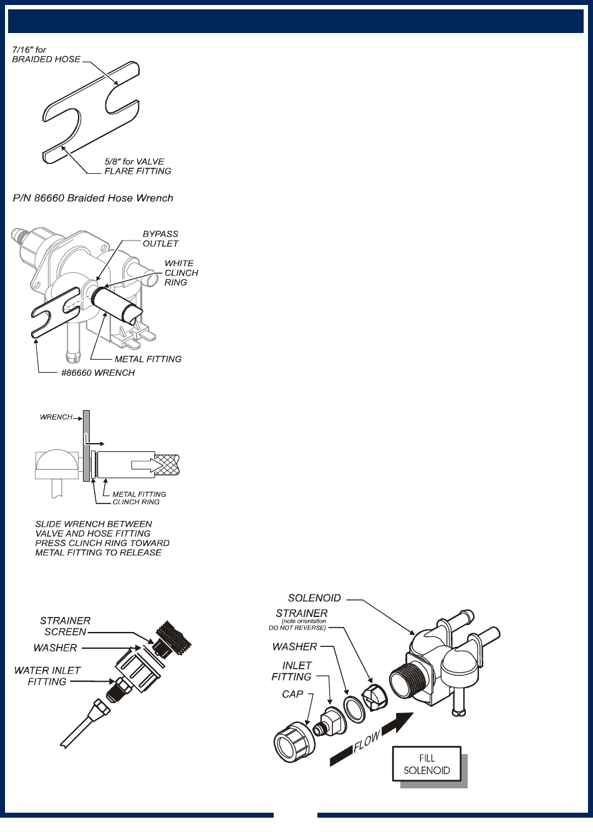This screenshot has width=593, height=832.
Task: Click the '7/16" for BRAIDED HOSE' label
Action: [46, 55]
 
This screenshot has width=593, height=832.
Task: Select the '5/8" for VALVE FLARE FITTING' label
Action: [137, 166]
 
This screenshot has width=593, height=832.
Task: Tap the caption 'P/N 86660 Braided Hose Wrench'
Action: [94, 198]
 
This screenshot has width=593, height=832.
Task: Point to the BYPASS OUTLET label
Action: [160, 239]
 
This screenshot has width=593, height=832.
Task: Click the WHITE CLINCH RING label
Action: [181, 273]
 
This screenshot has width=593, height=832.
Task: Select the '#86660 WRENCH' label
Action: [98, 373]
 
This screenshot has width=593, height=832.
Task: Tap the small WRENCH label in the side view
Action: [56, 417]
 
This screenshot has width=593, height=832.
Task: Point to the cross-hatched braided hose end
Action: [167, 464]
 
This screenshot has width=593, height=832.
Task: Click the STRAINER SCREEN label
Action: [65, 626]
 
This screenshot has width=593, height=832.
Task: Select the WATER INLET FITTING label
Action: [47, 676]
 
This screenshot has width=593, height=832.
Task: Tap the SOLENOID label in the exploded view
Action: [314, 598]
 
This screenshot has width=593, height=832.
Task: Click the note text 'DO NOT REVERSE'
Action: [297, 628]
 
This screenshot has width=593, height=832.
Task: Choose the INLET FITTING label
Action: [292, 671]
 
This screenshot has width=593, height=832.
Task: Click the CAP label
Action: [292, 694]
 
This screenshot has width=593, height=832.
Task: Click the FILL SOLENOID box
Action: [427, 764]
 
